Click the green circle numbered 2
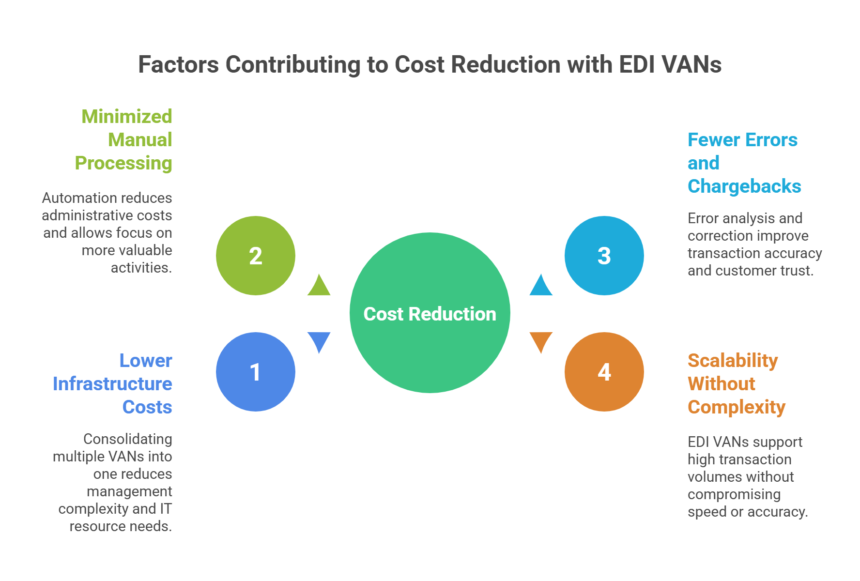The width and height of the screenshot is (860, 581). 256,256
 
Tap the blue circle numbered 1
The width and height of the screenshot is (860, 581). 256,372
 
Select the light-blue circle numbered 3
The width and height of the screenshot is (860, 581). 604,256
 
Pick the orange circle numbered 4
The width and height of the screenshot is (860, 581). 604,372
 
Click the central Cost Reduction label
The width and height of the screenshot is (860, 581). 430,314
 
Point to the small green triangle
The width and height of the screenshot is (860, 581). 319,286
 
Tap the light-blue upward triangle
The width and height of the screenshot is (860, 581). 541,286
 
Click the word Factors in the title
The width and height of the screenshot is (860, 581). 178,64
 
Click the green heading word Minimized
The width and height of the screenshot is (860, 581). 127,116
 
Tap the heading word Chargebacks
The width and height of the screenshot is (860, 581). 744,186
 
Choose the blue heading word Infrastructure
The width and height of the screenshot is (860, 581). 112,383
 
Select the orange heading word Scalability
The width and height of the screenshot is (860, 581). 733,361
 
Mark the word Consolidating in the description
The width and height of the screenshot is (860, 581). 128,439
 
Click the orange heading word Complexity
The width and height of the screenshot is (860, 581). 736,407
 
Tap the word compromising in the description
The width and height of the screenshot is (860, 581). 734,494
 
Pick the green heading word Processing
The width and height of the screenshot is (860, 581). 123,163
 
